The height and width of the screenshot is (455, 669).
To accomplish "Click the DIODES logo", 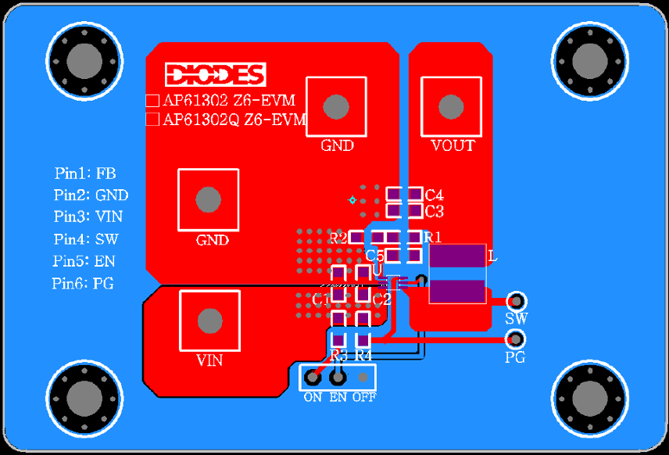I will (215, 74).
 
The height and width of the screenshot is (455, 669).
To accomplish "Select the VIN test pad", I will (209, 320).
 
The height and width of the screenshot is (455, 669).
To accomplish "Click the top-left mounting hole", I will (84, 61).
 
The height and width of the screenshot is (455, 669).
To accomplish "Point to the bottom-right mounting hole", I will (590, 399).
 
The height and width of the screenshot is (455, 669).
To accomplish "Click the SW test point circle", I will (516, 301).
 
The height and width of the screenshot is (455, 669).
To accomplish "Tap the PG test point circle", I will (515, 339).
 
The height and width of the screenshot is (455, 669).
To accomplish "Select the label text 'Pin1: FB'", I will (85, 173).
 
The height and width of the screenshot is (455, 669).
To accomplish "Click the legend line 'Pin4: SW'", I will (86, 238).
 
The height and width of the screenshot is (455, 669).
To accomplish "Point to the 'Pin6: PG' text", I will (83, 284).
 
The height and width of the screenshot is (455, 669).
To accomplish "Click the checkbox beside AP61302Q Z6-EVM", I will (153, 120).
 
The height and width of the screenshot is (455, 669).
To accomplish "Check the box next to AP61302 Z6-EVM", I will (153, 101).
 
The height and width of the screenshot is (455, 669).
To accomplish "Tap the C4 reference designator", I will (435, 194).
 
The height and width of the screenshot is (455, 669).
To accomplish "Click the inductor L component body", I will (457, 274).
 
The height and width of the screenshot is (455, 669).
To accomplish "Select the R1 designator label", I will (433, 237).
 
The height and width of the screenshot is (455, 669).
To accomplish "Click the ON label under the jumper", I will (313, 397).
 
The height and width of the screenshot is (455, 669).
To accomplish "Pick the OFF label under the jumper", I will (363, 397).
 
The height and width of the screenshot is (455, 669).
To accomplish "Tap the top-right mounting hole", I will (590, 61).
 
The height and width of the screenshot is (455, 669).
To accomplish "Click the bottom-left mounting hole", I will (84, 399).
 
